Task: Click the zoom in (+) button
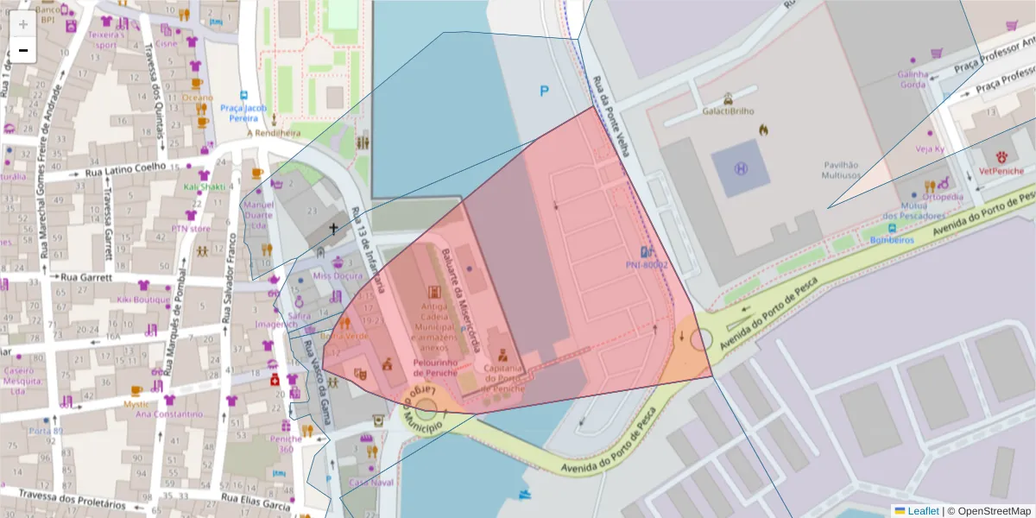(x=22, y=23)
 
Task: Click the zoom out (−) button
(x=22, y=50)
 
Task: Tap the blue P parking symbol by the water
(x=544, y=91)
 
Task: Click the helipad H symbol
(x=741, y=167)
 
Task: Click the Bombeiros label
(x=892, y=239)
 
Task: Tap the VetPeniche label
(x=1001, y=171)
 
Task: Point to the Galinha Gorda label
(x=913, y=79)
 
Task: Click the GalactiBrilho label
(x=728, y=111)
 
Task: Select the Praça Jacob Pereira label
(x=243, y=112)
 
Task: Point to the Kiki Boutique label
(x=144, y=300)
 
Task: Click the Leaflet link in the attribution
(x=922, y=511)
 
